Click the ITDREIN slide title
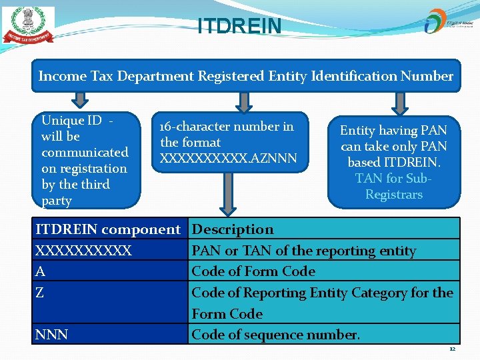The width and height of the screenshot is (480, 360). tap(239, 26)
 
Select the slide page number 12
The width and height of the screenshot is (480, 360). tap(452, 349)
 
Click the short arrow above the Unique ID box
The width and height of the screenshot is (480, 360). tap(80, 100)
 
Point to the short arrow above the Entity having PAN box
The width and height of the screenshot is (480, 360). tap(400, 102)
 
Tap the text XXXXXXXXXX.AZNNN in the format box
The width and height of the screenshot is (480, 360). tap(229, 159)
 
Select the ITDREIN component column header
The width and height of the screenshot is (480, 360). tap(108, 229)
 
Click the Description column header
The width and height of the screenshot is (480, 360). tap(233, 229)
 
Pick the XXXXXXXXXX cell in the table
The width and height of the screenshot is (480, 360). tap(83, 251)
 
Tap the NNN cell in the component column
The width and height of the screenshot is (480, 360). tap(51, 334)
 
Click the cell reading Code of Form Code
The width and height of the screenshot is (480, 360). tap(253, 271)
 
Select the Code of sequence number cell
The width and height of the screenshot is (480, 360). tap(275, 334)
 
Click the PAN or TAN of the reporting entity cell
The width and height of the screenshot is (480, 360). tap(303, 251)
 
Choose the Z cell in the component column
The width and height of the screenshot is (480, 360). tap(40, 293)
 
